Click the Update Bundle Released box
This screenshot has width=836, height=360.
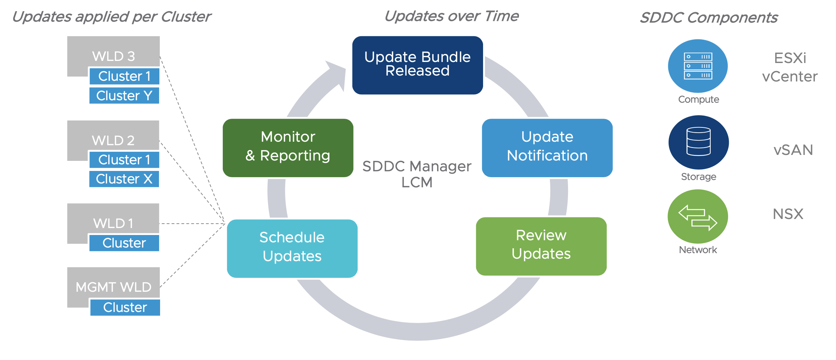click(417, 65)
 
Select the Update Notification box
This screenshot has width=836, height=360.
click(547, 148)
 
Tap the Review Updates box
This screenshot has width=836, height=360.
click(541, 246)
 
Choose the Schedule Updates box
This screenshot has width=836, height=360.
click(292, 248)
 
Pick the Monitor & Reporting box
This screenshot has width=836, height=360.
click(288, 148)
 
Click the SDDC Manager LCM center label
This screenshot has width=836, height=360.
click(417, 174)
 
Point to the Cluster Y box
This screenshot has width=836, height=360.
click(124, 95)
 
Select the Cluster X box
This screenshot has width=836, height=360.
click(124, 179)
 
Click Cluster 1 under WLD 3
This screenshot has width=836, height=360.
click(124, 76)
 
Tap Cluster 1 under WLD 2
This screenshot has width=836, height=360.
click(124, 160)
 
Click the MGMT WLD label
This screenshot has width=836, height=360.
click(113, 287)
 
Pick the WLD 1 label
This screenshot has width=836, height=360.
click(113, 223)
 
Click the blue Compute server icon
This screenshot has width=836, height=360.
click(697, 66)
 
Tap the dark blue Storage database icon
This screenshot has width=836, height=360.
click(698, 142)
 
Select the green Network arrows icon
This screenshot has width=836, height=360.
click(697, 216)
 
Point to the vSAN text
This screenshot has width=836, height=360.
click(793, 150)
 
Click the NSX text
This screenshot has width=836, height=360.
click(788, 214)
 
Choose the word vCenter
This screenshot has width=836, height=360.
click(790, 77)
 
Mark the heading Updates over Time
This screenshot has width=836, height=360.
click(451, 16)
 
